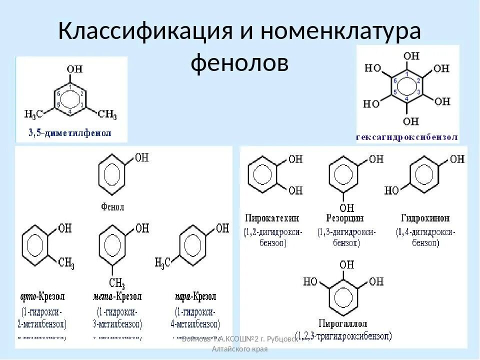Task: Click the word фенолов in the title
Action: [240, 63]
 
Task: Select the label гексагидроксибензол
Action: [407, 136]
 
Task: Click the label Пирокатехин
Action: [272, 218]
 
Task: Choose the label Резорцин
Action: [345, 218]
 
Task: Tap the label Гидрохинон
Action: [425, 218]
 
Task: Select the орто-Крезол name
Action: [42, 296]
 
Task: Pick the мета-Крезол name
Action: [117, 296]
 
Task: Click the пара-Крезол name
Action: [196, 296]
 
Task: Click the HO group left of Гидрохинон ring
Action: [392, 190]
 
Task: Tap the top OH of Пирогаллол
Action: [346, 264]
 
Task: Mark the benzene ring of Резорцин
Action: [343, 175]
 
